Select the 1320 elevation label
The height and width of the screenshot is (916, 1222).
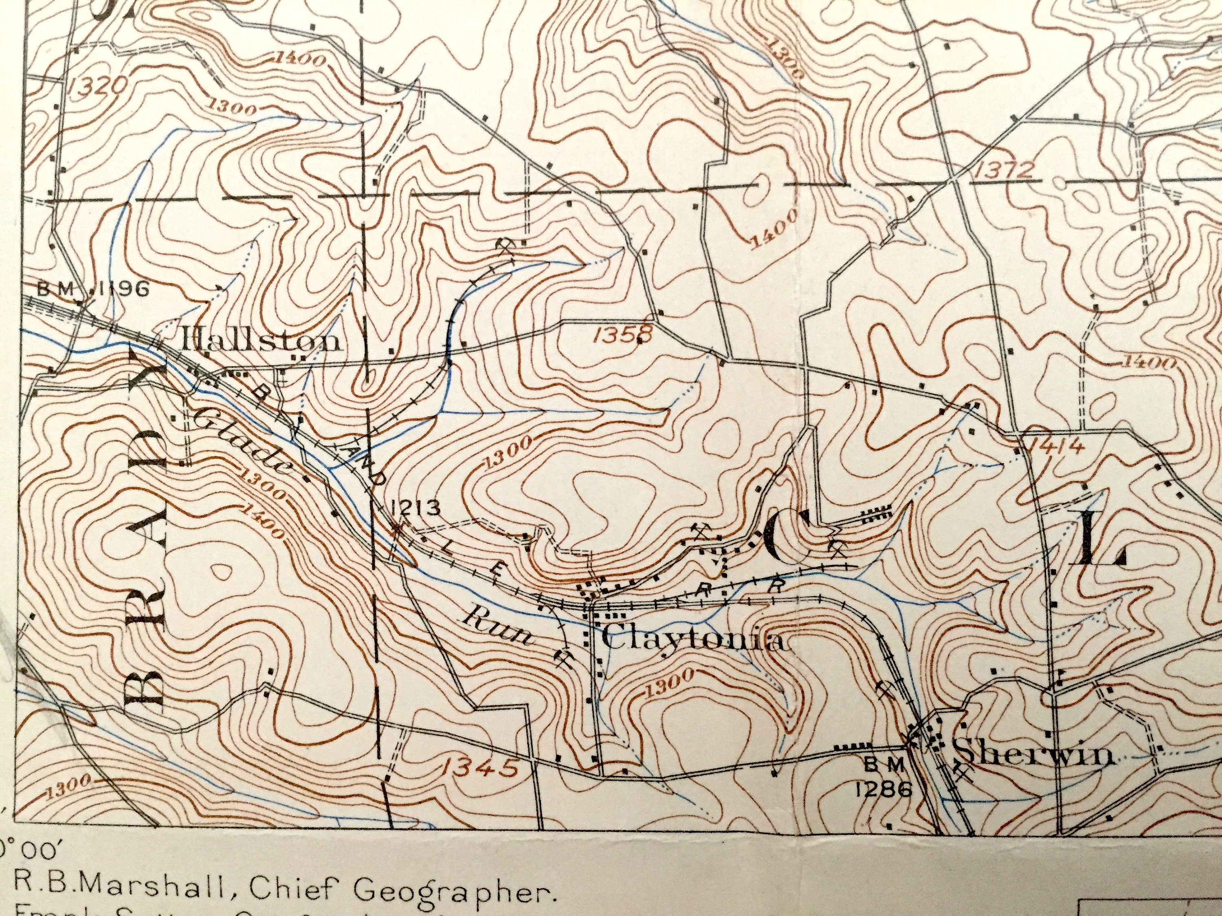99,87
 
